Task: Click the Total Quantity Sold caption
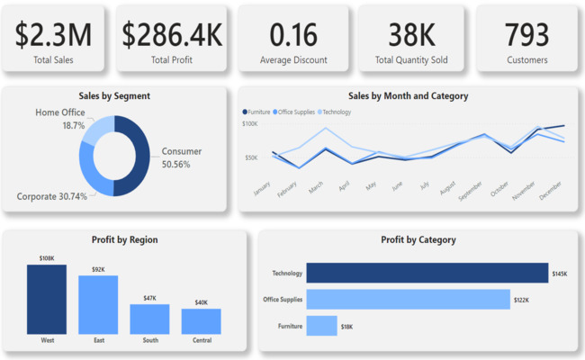(410, 60)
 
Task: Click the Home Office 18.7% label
(60, 119)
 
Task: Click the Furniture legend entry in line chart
(258, 112)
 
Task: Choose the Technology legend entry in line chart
(336, 112)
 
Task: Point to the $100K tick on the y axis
(250, 123)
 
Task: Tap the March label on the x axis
(315, 186)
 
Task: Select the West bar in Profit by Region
(47, 299)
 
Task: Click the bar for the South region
(149, 319)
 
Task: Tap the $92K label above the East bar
(98, 269)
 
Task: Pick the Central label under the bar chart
(201, 341)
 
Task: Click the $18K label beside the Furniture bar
(346, 327)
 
